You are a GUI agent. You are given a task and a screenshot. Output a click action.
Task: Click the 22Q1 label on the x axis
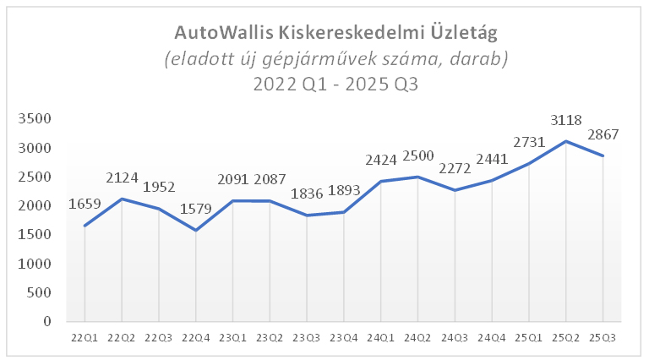click(85, 338)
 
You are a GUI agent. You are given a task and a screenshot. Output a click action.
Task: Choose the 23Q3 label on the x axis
click(307, 338)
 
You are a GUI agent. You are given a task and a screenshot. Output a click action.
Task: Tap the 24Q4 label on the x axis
click(492, 338)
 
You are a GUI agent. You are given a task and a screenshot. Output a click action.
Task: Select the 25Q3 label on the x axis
click(603, 338)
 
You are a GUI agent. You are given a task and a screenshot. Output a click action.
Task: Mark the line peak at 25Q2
click(565, 141)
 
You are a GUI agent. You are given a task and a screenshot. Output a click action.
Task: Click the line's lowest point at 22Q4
click(195, 230)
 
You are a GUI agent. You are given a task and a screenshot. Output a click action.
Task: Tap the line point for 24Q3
click(455, 190)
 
